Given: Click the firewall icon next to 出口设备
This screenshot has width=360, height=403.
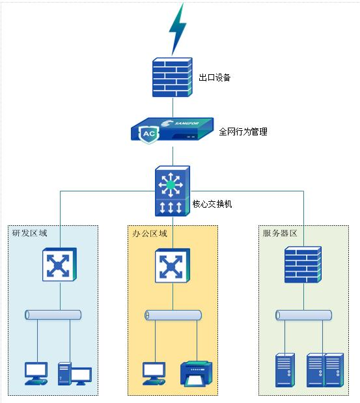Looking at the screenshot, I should [173, 77].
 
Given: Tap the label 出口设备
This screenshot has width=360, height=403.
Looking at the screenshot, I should [214, 77].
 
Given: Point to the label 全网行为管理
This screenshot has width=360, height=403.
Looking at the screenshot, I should [243, 132].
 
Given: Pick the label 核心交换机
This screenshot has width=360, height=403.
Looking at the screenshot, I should [212, 204].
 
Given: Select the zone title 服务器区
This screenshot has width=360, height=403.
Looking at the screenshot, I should [280, 233].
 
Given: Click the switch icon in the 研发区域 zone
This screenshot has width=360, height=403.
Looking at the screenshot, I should [61, 266].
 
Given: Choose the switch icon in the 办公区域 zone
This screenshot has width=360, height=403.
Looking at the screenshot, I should [173, 266].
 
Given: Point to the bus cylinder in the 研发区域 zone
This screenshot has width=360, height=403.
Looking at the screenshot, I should [53, 315].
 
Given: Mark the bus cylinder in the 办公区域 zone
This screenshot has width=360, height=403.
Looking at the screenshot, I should [173, 315].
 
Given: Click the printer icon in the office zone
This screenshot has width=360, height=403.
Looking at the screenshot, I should [196, 374].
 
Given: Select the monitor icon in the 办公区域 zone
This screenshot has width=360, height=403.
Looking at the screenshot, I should [155, 373].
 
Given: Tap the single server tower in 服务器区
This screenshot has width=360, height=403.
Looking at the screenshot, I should [285, 370].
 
